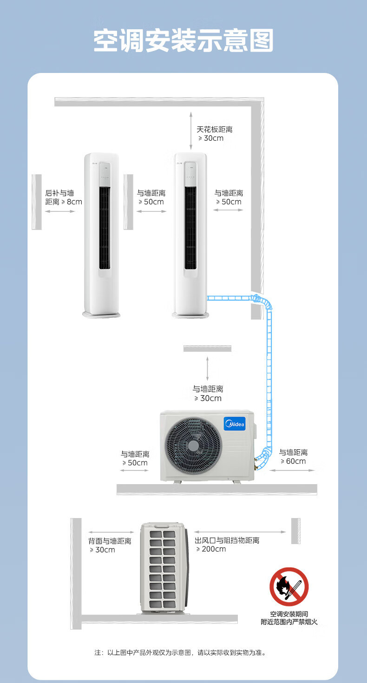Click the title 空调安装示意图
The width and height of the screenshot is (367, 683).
pos(183,41)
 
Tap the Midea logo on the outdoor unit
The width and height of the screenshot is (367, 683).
pos(234,424)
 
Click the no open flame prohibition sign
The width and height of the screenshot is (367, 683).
pos(289,586)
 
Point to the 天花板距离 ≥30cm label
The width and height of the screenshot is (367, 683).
pos(214,133)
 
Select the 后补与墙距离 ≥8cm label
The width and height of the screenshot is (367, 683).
pos(63,197)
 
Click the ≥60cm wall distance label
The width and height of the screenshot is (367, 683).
pos(293,457)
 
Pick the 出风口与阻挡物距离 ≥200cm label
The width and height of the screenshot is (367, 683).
pos(227,545)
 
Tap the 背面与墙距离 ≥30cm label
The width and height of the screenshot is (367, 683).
pos(110,545)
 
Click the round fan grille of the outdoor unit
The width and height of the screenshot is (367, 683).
pos(193,446)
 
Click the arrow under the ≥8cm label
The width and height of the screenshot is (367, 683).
pos(59,211)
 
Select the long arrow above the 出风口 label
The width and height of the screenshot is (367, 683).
pos(240,532)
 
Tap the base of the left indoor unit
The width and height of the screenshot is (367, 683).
pos(101,315)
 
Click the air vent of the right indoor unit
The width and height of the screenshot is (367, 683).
pos(190,228)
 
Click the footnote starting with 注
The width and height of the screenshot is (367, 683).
pos(180,653)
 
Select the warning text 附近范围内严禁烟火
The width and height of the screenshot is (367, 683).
pos(289,622)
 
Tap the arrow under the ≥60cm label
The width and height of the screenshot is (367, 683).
pos(293,470)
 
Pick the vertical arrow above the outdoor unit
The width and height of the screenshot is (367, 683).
pos(208,369)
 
